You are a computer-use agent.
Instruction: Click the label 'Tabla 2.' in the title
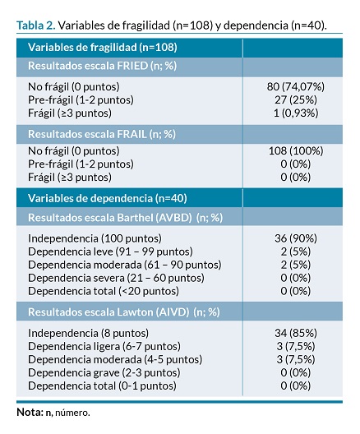[36, 25]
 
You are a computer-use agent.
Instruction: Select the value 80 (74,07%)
[296, 86]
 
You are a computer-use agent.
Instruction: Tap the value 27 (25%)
[296, 99]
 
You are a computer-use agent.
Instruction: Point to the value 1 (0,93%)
[296, 113]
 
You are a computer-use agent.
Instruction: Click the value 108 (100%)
[296, 151]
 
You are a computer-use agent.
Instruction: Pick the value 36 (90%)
[296, 238]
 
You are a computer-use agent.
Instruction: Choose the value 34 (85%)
[296, 333]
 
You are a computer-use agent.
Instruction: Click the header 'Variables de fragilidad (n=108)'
[103, 48]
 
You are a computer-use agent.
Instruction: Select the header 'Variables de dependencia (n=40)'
[108, 198]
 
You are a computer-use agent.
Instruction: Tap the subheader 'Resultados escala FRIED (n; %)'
[102, 66]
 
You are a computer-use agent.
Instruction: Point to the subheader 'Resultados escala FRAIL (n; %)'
[102, 134]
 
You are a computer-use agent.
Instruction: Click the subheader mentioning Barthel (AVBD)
[126, 218]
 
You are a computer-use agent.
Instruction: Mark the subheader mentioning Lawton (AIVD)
[124, 312]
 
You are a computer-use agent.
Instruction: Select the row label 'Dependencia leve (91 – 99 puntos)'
[110, 252]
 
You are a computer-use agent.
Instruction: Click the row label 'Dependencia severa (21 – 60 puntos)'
[116, 278]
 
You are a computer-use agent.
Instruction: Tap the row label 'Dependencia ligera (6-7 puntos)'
[104, 346]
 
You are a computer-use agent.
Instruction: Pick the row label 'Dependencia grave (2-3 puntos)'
[104, 372]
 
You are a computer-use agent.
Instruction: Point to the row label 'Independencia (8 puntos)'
[88, 333]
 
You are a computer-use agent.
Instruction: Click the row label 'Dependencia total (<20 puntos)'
[104, 291]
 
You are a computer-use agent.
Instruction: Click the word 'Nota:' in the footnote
[30, 412]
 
